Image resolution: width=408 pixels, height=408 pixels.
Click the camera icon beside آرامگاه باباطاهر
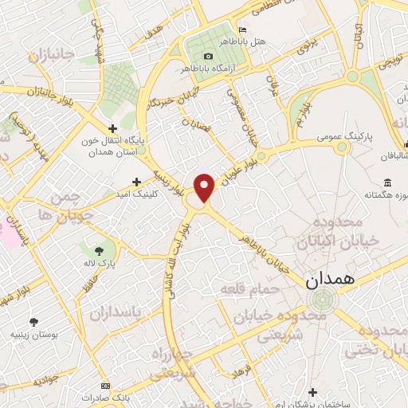[x=209, y=56]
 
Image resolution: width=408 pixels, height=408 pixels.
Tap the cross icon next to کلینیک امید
[x=136, y=182]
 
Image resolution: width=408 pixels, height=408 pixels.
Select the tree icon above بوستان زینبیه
[x=33, y=322]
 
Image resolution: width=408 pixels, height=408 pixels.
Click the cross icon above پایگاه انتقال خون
[x=112, y=127]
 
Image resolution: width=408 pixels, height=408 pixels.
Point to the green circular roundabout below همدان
[x=322, y=300]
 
